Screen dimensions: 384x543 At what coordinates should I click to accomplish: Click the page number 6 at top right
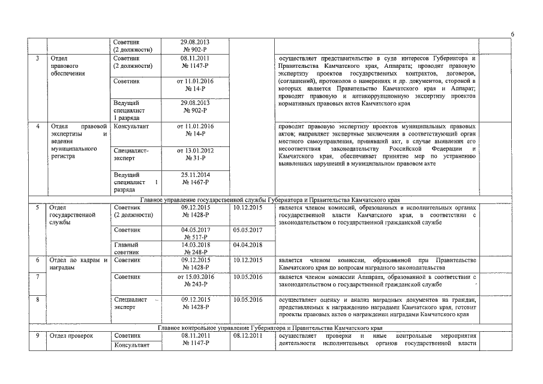point(512,35)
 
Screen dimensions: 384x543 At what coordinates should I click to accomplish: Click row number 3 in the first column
point(38,58)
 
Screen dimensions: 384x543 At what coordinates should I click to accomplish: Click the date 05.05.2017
point(247,230)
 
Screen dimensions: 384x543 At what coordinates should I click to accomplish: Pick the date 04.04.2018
point(247,245)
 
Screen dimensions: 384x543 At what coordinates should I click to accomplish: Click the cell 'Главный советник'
point(126,248)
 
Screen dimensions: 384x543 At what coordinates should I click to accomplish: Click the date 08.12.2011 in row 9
point(247,336)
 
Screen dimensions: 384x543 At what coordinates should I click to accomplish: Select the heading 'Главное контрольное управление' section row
point(270,328)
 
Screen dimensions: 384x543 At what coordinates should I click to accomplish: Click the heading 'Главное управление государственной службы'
point(270,199)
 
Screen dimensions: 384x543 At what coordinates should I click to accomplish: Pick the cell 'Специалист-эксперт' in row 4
point(130,154)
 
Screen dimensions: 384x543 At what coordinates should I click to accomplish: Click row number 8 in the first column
point(38,298)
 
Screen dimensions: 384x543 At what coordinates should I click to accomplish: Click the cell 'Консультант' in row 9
point(128,344)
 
